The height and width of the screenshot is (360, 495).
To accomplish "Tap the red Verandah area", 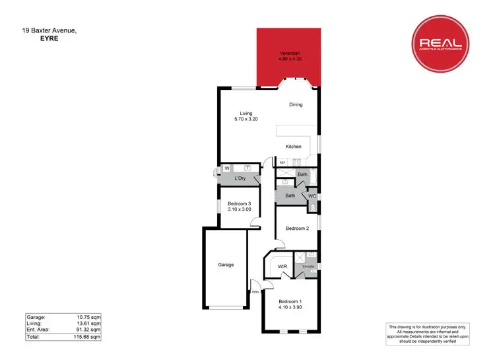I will click(289, 57).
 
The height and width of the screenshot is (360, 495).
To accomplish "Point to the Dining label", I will click(296, 104).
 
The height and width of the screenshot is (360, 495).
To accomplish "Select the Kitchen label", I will click(293, 147).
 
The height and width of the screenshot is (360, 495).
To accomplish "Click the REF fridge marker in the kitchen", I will click(282, 162).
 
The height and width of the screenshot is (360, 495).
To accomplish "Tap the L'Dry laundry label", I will click(240, 179).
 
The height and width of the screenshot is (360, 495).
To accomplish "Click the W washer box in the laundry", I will click(226, 168).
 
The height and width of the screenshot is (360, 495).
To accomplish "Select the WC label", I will click(312, 196).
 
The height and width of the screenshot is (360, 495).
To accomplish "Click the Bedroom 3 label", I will click(239, 206).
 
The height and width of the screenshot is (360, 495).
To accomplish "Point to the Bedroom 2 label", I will click(297, 229).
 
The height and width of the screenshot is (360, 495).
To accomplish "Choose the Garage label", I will click(226, 265).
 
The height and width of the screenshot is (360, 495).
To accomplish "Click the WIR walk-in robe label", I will click(282, 267).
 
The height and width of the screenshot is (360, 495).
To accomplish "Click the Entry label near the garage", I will click(255, 291).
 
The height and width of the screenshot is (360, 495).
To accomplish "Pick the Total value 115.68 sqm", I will click(87, 337).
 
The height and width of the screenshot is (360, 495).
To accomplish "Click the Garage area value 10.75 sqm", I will click(88, 316).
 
